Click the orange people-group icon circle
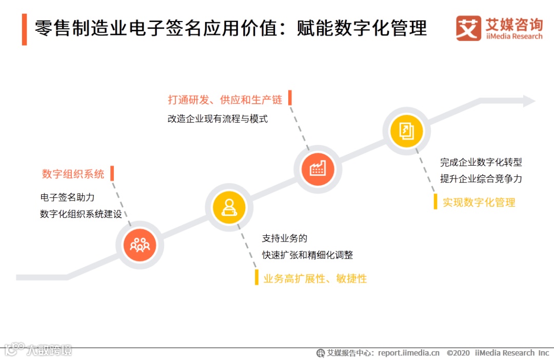pos(140,245)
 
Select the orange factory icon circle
pos(318,169)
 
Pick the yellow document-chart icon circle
pos(407,131)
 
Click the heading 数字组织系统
pos(73,174)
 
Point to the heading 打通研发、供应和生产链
pos(225,99)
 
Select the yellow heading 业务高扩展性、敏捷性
pos(315,278)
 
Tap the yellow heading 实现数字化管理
pos(479,202)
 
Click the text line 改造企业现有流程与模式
pos(217,118)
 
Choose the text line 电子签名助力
pos(67,197)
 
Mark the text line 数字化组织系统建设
pos(81,214)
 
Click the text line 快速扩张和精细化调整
pos(307,255)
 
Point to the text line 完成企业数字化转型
pos(481,162)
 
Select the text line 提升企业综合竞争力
pos(481,179)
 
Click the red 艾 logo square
pos(468,29)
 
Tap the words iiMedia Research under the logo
pos(513,36)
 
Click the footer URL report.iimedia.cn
pos(408,353)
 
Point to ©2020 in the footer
pos(458,353)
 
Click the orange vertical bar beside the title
pos(24,29)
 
